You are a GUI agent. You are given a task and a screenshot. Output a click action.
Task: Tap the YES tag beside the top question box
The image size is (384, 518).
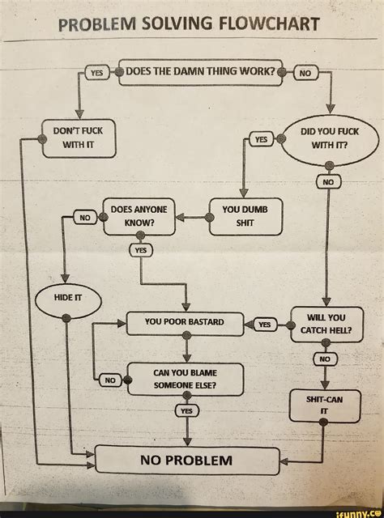96,72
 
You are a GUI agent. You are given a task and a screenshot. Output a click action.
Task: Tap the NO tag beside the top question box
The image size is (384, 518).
306,73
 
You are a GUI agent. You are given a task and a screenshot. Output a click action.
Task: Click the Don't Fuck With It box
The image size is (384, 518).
79,138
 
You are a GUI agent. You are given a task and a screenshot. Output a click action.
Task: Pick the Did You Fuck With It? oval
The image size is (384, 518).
328,138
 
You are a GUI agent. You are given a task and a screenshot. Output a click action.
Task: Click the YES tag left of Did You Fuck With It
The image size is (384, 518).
261,139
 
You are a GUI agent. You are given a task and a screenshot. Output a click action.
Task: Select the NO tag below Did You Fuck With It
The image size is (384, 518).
328,183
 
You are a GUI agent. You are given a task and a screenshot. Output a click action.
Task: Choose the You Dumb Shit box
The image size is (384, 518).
245,216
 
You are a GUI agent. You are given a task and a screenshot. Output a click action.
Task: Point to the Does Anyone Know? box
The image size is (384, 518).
139,216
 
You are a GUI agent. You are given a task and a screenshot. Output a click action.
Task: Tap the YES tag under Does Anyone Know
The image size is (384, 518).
141,250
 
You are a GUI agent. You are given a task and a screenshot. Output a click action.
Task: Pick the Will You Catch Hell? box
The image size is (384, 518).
327,324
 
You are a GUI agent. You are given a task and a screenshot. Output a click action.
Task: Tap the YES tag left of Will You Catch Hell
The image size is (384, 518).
264,325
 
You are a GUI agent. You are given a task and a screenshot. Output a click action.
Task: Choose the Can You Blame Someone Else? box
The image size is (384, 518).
186,379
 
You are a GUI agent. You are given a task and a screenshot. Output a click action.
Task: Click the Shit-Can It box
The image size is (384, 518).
324,405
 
